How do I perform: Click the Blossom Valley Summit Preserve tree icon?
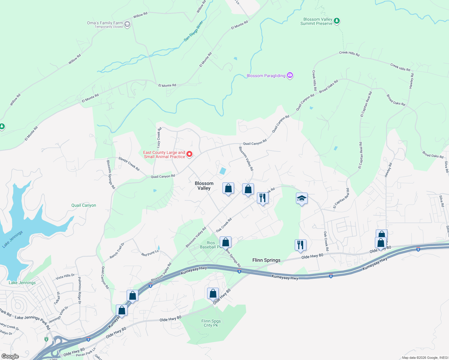point(337,21)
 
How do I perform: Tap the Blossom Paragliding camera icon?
point(290,75)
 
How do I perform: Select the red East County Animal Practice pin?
point(189,154)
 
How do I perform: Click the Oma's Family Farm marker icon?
point(127,24)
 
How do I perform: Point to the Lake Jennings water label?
point(12,239)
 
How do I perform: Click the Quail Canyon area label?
point(84,205)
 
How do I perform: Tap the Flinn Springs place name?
point(266,260)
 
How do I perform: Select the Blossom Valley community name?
point(204,186)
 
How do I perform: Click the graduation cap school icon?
point(302,198)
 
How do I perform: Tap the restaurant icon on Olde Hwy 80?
point(300,245)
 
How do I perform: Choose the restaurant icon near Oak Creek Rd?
point(263,198)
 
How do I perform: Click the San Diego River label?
point(194,31)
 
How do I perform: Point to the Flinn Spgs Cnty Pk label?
point(211,323)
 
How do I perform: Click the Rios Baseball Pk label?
point(210,245)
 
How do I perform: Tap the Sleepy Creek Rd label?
point(129,164)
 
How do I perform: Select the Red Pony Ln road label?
point(150,253)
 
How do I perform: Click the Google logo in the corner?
point(10,356)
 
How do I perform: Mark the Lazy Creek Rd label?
point(159,137)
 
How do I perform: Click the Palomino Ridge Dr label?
point(80,290)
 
